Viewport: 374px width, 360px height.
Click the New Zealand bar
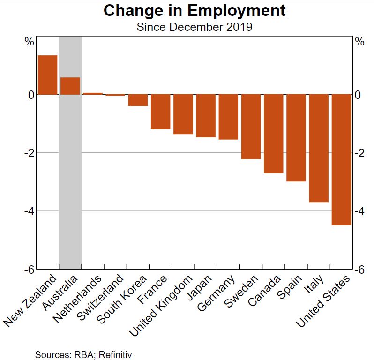pos(48,75)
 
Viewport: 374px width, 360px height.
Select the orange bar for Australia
pos(70,86)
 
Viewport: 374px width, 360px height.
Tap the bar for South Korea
pos(138,100)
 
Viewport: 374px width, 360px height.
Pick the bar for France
pos(161,112)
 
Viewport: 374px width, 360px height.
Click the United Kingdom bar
pos(183,114)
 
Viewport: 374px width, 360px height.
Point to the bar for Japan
pos(206,116)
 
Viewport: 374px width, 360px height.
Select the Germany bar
pos(228,117)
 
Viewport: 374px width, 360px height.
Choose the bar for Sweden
pos(251,127)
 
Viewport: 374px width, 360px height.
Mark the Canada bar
pos(274,134)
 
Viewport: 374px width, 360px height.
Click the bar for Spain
pos(296,138)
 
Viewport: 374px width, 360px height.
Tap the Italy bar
pos(319,149)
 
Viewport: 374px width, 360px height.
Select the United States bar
pos(341,160)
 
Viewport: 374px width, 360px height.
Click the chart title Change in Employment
pos(194,10)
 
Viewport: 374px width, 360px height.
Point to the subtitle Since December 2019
pos(194,27)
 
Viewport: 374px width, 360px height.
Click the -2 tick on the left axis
pos(30,153)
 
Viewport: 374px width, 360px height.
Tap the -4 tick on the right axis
pos(359,211)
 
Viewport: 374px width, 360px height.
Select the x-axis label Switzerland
pos(100,297)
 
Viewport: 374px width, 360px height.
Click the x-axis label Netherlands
pos(77,299)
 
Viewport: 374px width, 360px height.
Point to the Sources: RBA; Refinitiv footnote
pos(83,355)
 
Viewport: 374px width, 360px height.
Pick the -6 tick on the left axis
pos(30,270)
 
